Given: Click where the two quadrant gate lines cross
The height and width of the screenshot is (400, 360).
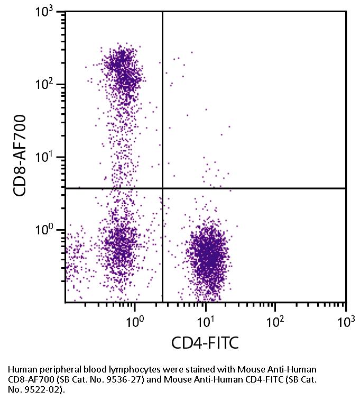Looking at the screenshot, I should point(162,188).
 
